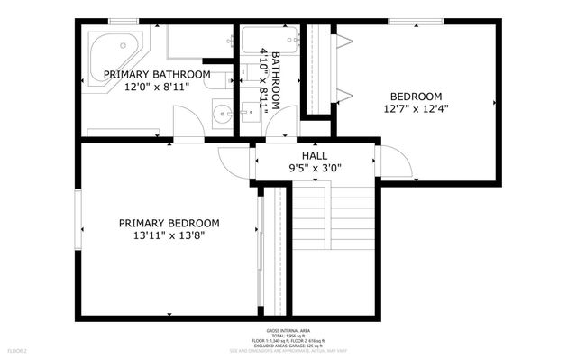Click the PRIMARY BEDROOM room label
pyautogui.click(x=169, y=223)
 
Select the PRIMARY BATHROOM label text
pyautogui.click(x=157, y=74)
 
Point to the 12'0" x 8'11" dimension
pyautogui.click(x=157, y=88)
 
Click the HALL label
pyautogui.click(x=315, y=155)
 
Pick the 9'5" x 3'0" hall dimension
pyautogui.click(x=315, y=168)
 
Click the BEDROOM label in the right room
pyautogui.click(x=416, y=97)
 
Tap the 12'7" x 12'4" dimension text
pyautogui.click(x=416, y=109)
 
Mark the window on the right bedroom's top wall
pyautogui.click(x=416, y=21)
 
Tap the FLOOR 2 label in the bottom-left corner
pyautogui.click(x=17, y=350)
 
